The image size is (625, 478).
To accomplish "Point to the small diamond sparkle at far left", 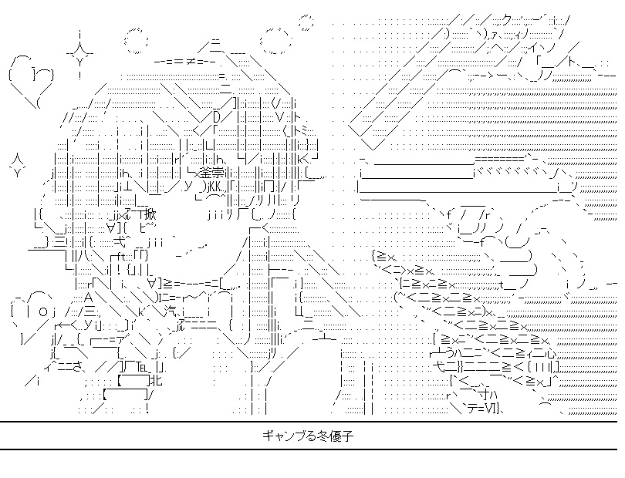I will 15,163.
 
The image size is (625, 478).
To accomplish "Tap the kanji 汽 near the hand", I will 175,311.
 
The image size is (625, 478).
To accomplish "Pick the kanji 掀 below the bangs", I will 149,214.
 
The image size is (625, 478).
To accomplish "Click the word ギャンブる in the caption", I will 291,436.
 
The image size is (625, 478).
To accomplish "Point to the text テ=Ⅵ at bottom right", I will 484,408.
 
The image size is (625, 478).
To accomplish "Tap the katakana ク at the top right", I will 505,18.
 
